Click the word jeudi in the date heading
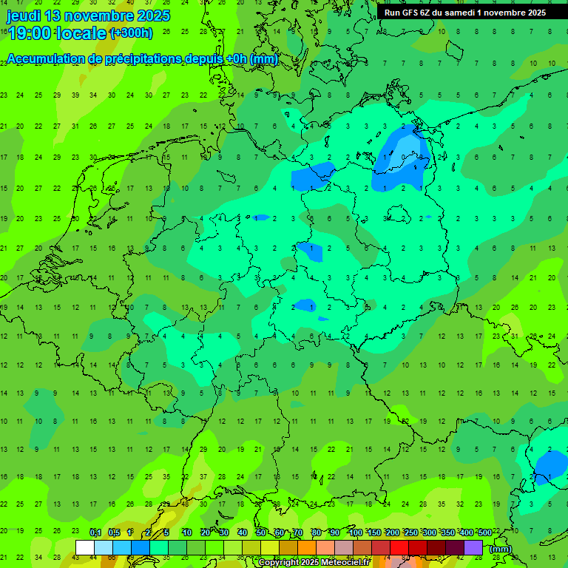point(24,16)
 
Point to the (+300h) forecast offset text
point(131,33)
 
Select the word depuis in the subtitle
point(204,59)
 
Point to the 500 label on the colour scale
point(484,532)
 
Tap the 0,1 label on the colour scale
point(95,532)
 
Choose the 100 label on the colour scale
point(355,532)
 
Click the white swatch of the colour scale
point(85,548)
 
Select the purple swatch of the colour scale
point(473,548)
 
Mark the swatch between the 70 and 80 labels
point(307,548)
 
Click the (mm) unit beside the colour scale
point(501,549)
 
